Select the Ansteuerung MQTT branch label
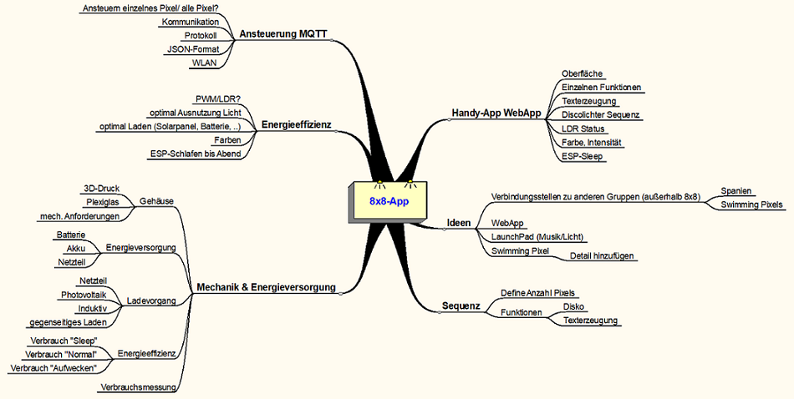[x=282, y=34]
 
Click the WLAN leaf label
[x=204, y=63]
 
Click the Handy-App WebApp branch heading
[x=496, y=113]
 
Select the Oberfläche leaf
[x=582, y=73]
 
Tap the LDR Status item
[x=583, y=129]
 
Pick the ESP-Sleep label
[x=582, y=156]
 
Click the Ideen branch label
[x=459, y=224]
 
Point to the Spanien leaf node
[x=736, y=189]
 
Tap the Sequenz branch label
[x=461, y=306]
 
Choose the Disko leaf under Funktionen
[x=575, y=306]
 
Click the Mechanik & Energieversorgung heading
[x=265, y=287]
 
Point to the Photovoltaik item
[x=83, y=295]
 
